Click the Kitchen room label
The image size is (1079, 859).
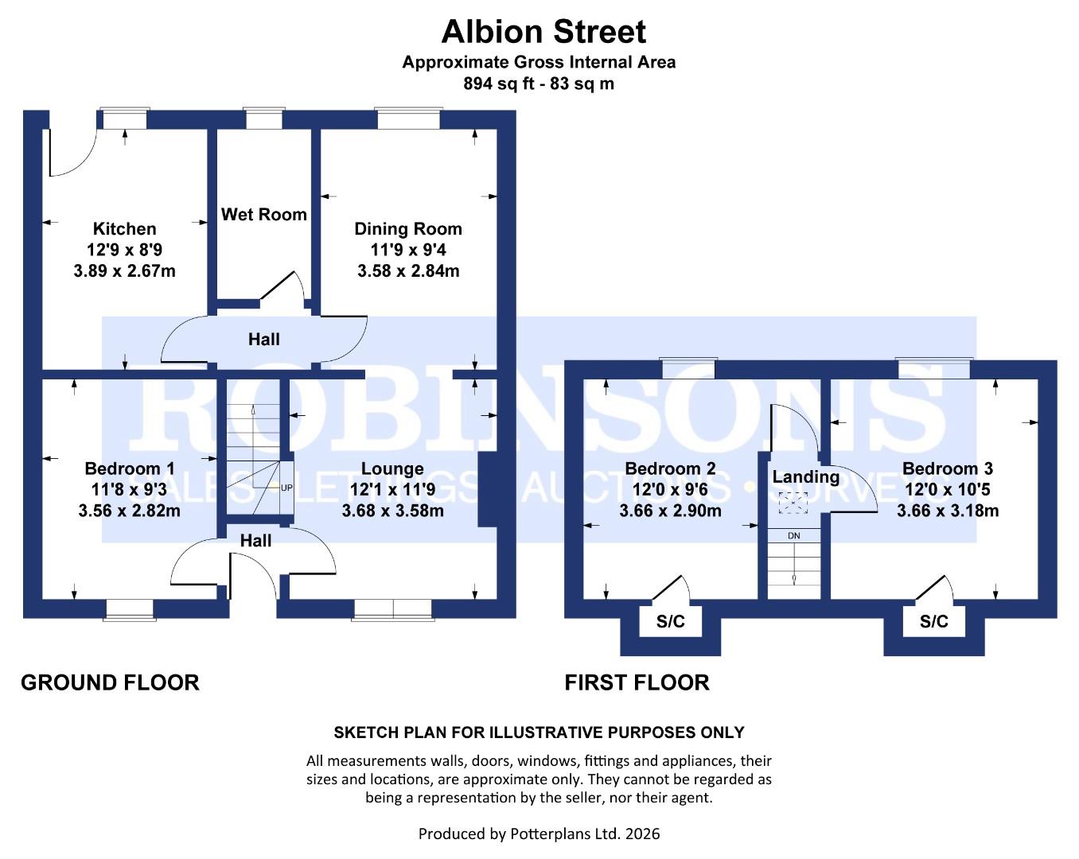tap(124, 229)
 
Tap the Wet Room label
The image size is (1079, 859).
tap(263, 215)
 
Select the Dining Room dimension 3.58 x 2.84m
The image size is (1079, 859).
tap(408, 271)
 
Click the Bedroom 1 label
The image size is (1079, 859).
tap(130, 468)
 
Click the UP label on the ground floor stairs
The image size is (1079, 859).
tap(286, 487)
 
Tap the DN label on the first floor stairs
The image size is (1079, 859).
tap(793, 536)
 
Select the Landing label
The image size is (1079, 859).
tap(805, 477)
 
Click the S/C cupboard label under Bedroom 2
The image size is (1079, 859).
tap(670, 622)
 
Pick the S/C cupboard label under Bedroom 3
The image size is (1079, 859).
tap(933, 622)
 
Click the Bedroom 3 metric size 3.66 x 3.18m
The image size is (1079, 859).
tap(947, 511)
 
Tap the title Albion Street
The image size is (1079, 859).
tap(543, 32)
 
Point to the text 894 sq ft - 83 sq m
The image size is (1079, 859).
tap(539, 84)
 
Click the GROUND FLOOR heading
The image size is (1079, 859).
tap(110, 682)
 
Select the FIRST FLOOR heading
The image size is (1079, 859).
tap(637, 682)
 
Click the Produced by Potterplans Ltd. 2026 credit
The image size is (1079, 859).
tap(539, 834)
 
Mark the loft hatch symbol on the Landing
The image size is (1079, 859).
tap(793, 503)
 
